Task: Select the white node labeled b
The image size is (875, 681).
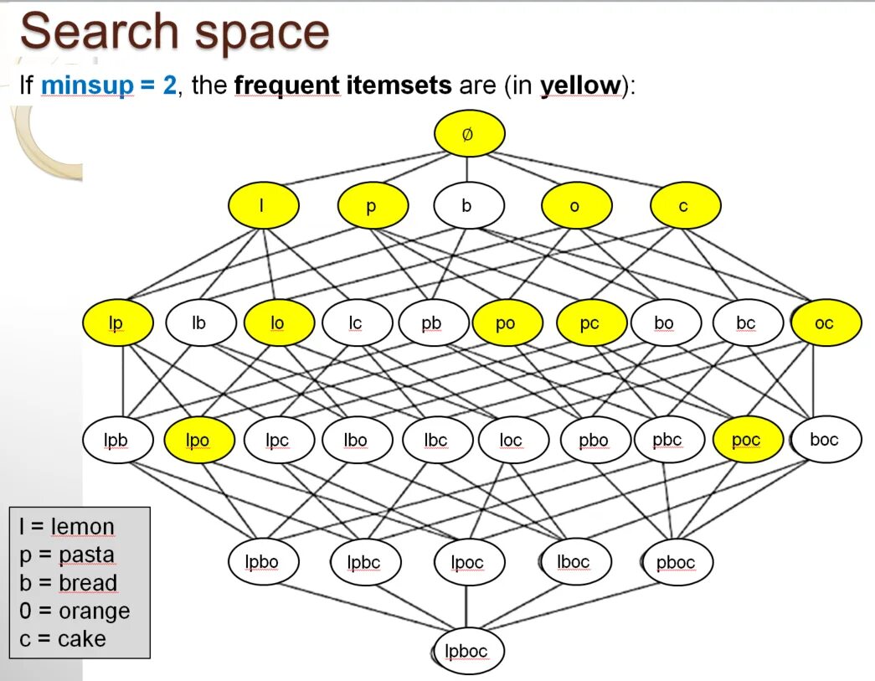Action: (468, 205)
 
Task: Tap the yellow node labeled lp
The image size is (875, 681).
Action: (117, 322)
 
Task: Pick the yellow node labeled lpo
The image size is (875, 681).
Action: (198, 440)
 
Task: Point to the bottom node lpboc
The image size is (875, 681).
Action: (468, 651)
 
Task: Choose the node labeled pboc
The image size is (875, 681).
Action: (677, 562)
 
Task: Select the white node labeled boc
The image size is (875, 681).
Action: (825, 439)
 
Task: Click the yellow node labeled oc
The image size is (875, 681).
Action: (825, 322)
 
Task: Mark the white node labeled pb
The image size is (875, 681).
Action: (432, 322)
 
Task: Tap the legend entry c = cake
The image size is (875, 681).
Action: (64, 638)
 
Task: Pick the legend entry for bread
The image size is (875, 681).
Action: (69, 583)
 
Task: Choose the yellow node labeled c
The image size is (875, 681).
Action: (684, 205)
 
